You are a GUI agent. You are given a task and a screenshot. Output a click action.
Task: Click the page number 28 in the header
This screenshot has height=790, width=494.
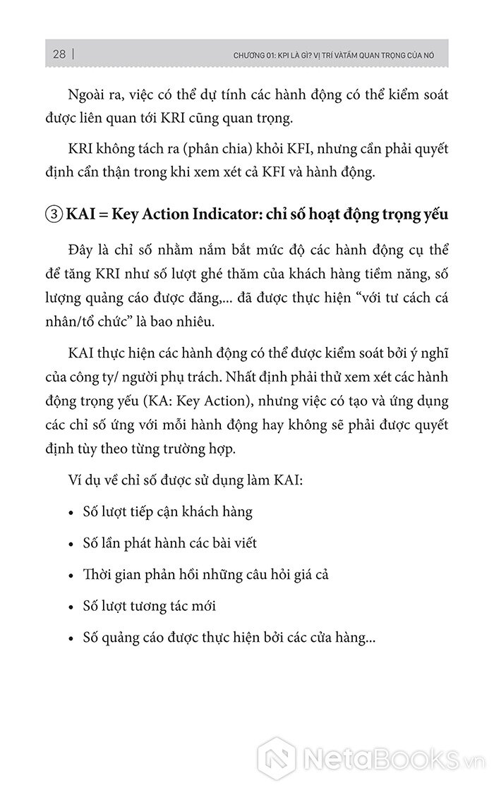[59, 54]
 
